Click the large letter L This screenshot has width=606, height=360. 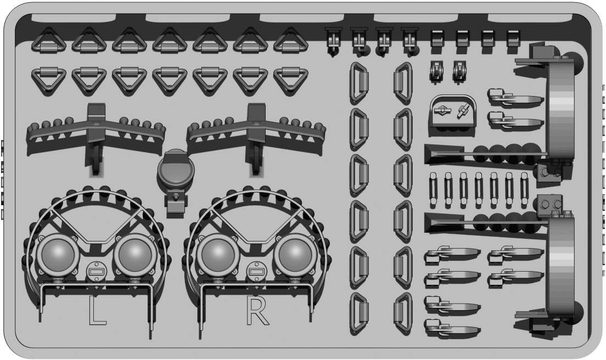pyautogui.click(x=97, y=311)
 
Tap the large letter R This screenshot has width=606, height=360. pyautogui.click(x=257, y=311)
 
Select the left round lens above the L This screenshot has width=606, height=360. pyautogui.click(x=58, y=255)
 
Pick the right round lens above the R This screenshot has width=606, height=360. pyautogui.click(x=295, y=255)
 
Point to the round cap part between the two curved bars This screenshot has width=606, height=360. pyautogui.click(x=176, y=170)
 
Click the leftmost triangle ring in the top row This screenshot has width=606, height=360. pyautogui.click(x=49, y=41)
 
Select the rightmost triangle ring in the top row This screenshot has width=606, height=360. pyautogui.click(x=290, y=41)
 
